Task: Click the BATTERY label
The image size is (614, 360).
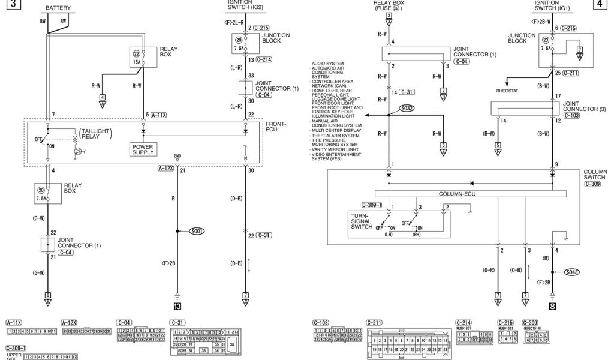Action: (58, 8)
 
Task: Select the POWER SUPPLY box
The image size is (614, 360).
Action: (143, 149)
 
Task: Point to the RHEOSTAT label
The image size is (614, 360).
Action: (507, 92)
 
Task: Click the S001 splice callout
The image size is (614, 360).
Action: (197, 230)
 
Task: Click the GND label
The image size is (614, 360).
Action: (177, 155)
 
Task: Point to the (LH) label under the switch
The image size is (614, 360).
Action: (389, 235)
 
